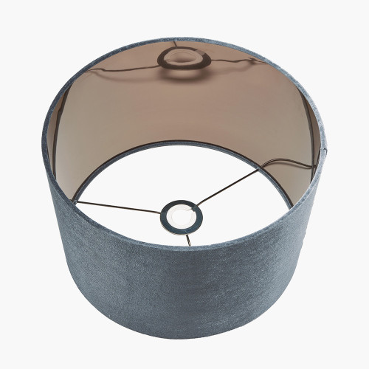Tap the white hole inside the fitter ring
[182, 215]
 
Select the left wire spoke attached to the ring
[118, 207]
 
